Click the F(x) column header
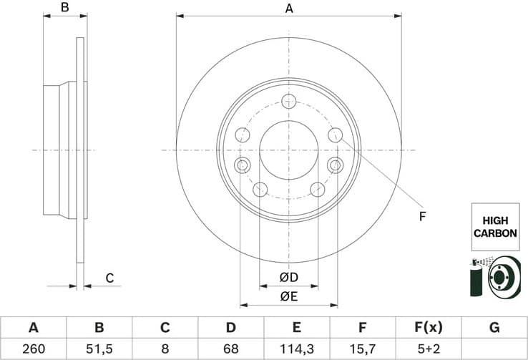pos(428,328)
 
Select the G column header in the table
pos(494,328)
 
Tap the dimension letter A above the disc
pos(289,9)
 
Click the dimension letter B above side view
pos(64,9)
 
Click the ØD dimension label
pos(288,277)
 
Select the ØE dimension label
pos(288,296)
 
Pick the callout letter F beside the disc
pos(421,215)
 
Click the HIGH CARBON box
pos(494,226)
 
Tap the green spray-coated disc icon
pos(494,276)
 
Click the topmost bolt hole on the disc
pos(289,101)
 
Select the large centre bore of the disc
pos(288,150)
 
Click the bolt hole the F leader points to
pos(334,135)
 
